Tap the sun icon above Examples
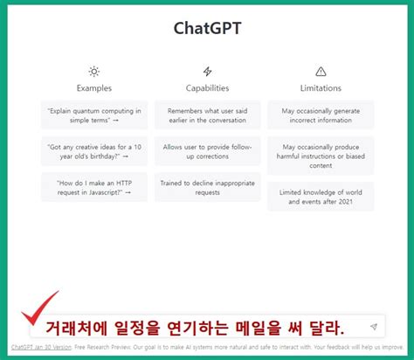point(94,71)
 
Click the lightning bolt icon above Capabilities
point(207,71)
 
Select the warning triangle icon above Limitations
point(321,71)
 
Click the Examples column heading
point(94,88)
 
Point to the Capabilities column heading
point(207,88)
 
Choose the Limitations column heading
point(321,88)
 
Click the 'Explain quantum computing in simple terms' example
point(94,115)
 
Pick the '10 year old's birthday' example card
point(94,151)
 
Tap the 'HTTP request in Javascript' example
point(94,187)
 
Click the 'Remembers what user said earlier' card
point(207,115)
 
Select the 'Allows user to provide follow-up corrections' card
point(207,151)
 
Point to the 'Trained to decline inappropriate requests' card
point(207,187)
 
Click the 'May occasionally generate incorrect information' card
point(321,115)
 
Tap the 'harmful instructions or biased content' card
point(321,156)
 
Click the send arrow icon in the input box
point(373,327)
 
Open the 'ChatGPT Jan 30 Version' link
point(42,347)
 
